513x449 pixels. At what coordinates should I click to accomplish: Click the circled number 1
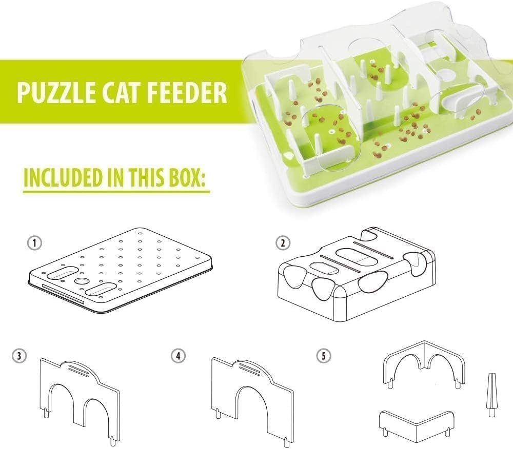click(x=35, y=243)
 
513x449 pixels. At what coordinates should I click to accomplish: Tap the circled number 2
click(x=283, y=243)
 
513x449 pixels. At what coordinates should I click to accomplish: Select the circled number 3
click(x=19, y=356)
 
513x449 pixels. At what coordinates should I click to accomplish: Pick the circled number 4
click(x=178, y=356)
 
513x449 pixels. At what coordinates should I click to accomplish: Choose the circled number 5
click(x=324, y=356)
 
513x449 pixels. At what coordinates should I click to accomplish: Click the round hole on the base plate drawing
click(x=82, y=281)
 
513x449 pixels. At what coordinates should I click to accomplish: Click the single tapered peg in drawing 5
click(x=491, y=395)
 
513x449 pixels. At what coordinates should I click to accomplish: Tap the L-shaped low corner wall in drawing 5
click(x=416, y=426)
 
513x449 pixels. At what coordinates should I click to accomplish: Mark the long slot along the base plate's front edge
click(x=63, y=294)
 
